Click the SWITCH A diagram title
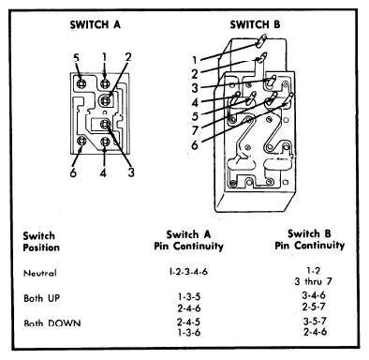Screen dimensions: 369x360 point(96,24)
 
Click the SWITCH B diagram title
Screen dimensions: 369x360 point(255,24)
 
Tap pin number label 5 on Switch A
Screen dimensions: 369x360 point(77,58)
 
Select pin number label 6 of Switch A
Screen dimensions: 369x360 point(73,172)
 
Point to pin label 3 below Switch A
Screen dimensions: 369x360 point(131,172)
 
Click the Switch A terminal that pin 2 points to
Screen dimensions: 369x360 point(105,100)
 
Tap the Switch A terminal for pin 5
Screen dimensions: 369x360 point(81,83)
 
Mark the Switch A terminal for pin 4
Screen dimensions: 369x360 point(105,142)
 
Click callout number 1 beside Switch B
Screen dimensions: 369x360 point(195,60)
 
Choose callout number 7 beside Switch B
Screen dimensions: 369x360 point(195,130)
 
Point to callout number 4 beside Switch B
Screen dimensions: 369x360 point(195,102)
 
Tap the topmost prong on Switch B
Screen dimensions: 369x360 point(261,41)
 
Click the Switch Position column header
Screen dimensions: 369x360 point(41,242)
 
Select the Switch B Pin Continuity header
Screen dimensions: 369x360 point(310,240)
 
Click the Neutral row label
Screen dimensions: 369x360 point(40,273)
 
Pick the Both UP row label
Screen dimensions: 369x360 point(41,298)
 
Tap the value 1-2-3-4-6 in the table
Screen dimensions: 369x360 point(188,271)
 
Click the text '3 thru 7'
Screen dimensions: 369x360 point(314,281)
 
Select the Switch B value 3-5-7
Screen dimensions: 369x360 point(315,321)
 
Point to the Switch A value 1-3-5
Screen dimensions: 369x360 point(189,296)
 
